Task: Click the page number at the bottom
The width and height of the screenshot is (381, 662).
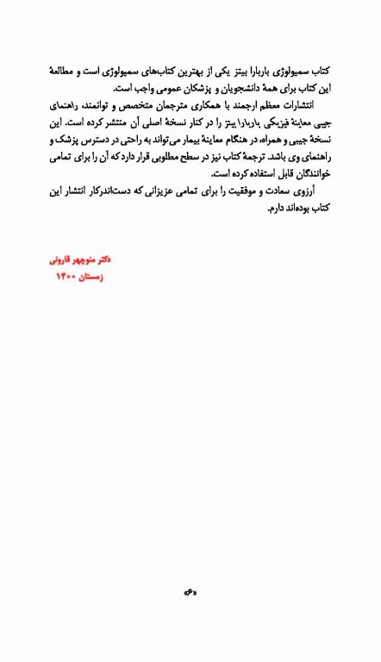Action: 190,591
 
